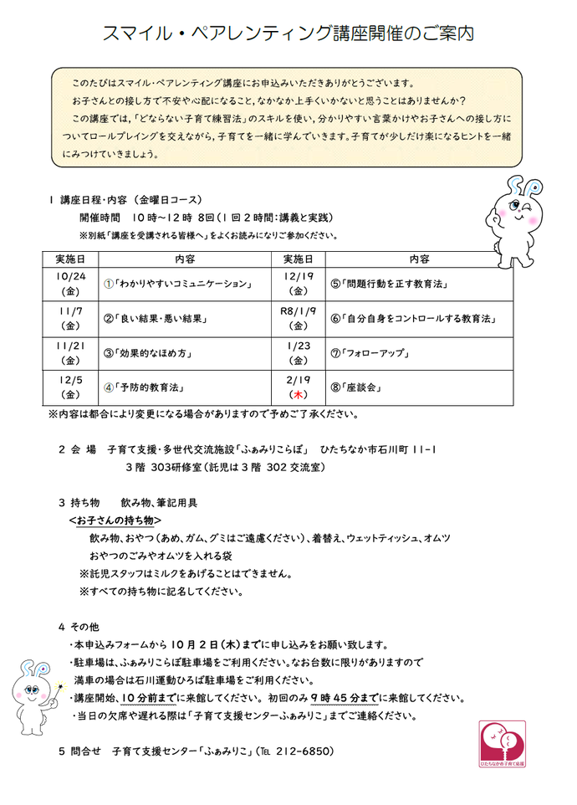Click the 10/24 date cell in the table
click(70, 284)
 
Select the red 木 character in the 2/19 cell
click(298, 394)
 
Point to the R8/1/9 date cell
click(298, 318)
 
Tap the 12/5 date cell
click(70, 387)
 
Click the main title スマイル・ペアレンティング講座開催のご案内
click(288, 33)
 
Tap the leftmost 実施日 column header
click(70, 259)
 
